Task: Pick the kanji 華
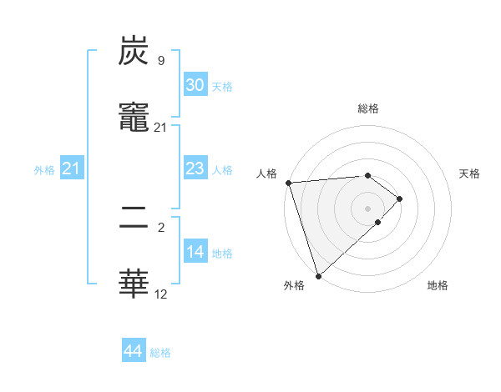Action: coord(134,284)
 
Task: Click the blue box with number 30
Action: coord(195,84)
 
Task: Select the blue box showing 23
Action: coord(195,168)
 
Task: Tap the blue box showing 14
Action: coord(195,252)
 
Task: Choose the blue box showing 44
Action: coord(134,351)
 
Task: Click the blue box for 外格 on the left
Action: coord(71,168)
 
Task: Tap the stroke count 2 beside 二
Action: coord(160,226)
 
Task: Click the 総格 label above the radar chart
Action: coord(367,108)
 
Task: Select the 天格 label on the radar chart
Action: coord(469,173)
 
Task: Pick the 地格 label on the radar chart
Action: coord(438,285)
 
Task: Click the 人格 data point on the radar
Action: coord(288,183)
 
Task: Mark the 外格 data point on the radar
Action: coord(318,275)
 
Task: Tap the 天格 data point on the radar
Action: coord(400,199)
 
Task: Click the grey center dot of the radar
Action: coord(367,209)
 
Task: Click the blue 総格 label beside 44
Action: coord(160,353)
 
